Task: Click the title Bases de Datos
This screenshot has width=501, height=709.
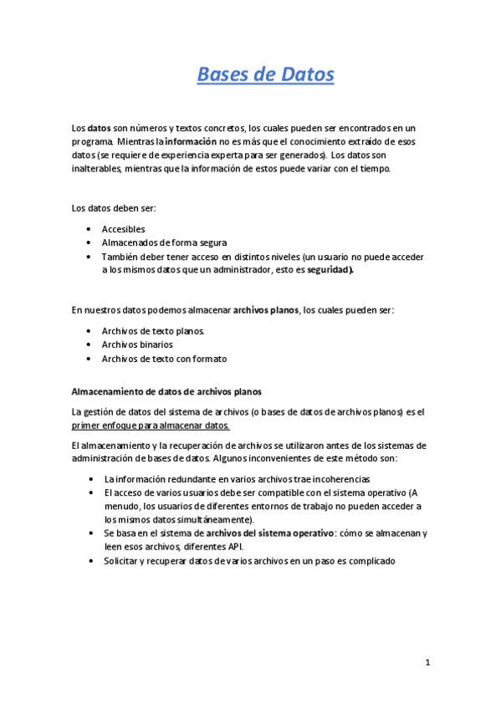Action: pyautogui.click(x=265, y=74)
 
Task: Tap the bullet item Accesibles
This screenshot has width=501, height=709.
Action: pyautogui.click(x=123, y=228)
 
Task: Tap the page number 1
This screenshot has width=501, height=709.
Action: pyautogui.click(x=427, y=663)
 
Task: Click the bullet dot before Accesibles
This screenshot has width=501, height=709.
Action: pyautogui.click(x=89, y=229)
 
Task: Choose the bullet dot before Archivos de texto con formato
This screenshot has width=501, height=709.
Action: pyautogui.click(x=89, y=358)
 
